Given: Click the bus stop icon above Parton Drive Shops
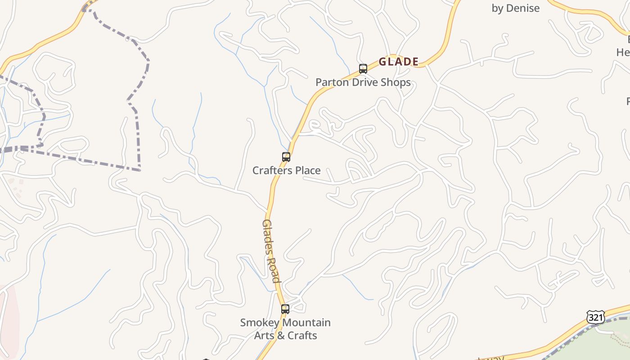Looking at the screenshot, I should [x=363, y=69].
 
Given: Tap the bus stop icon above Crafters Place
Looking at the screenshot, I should [x=286, y=157].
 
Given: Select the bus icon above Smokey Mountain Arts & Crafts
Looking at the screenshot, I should [x=285, y=309].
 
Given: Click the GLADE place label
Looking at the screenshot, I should [x=399, y=62].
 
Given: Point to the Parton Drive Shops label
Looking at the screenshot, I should [x=363, y=82].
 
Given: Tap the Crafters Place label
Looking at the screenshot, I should [x=286, y=171].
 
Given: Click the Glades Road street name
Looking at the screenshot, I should [x=271, y=251].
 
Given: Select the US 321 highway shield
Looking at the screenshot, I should [x=595, y=317].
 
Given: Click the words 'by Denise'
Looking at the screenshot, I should [x=515, y=8].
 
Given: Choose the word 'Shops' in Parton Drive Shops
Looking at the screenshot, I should [x=396, y=82].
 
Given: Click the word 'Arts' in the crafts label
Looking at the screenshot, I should [x=264, y=336].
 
